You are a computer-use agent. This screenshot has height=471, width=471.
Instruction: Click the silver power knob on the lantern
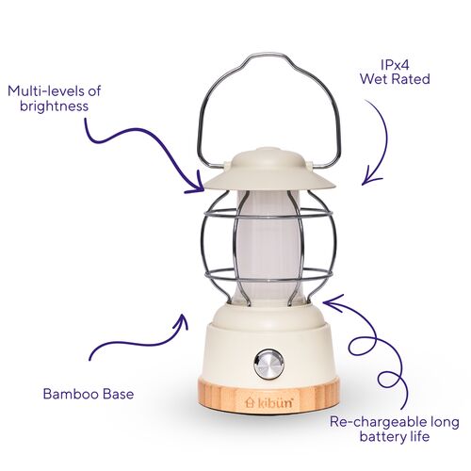269,365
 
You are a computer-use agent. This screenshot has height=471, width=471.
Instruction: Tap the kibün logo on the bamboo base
269,402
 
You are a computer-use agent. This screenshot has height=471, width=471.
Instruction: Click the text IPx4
395,65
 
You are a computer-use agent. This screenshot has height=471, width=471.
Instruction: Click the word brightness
54,106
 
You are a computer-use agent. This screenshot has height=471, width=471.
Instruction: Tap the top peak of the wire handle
266,55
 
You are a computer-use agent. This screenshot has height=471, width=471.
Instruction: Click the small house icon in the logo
250,403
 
